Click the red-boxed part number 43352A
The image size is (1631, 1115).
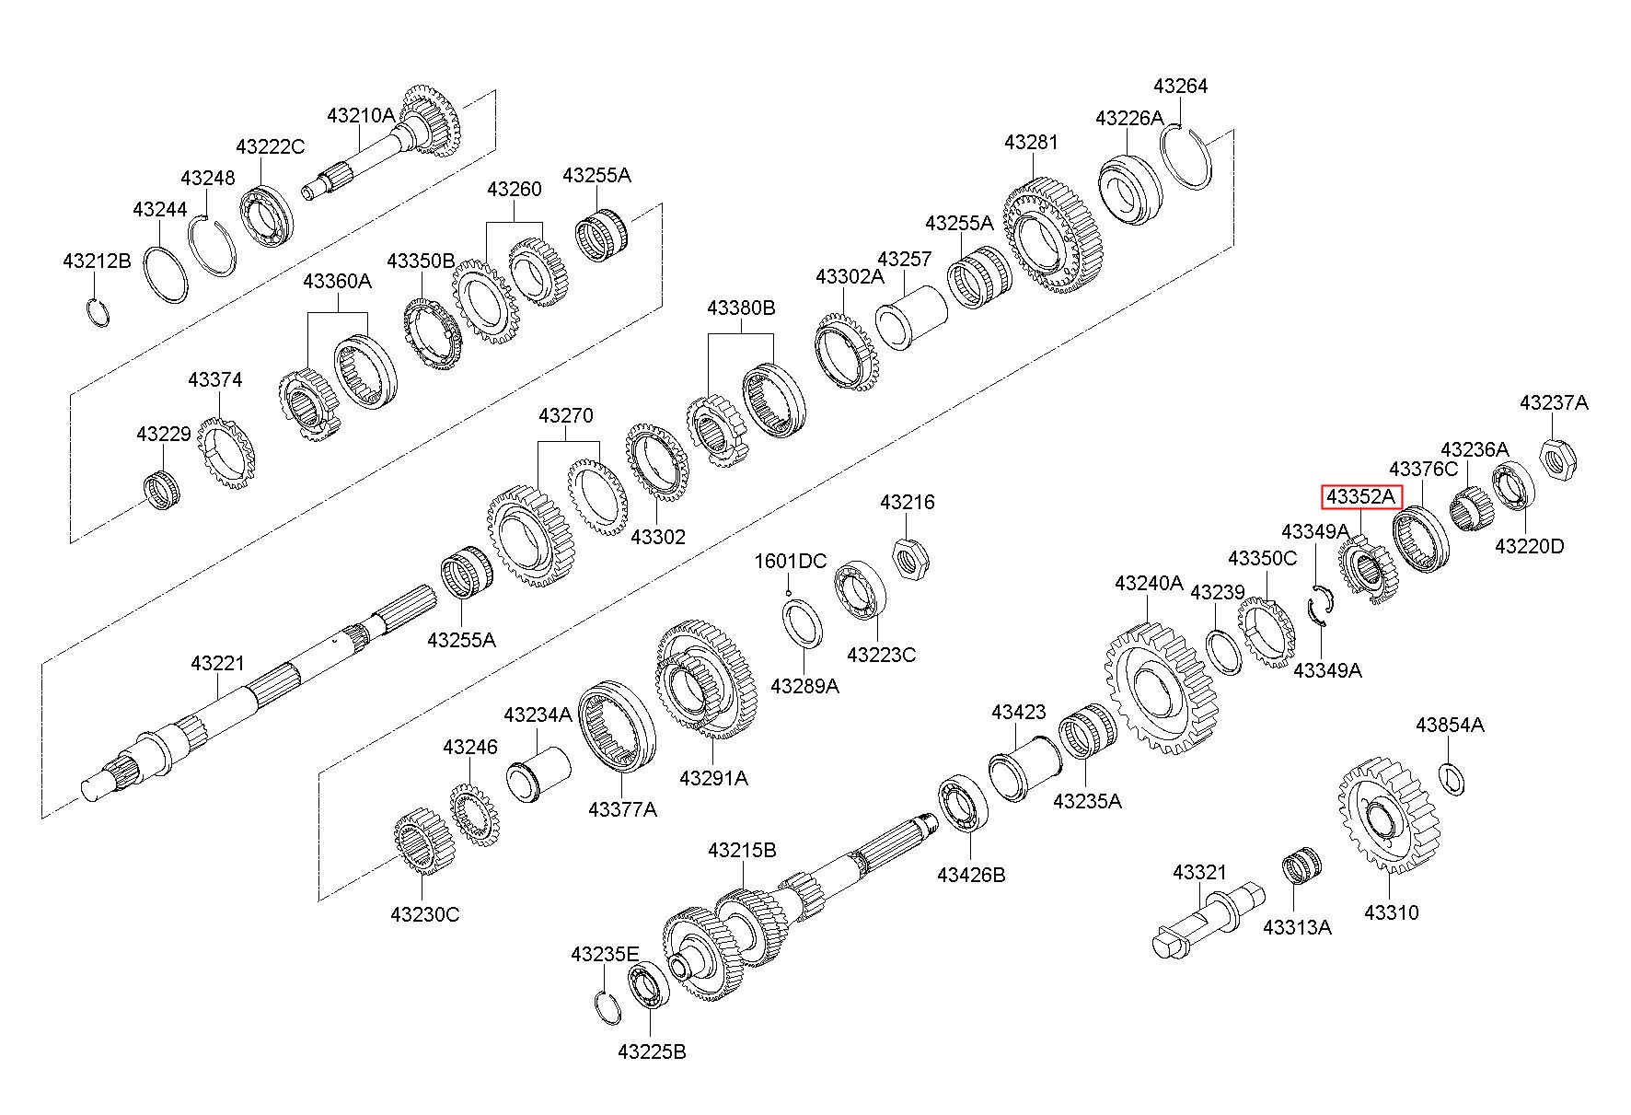coord(1361,497)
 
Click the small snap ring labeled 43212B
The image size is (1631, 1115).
coord(98,313)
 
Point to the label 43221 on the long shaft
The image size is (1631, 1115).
coord(218,663)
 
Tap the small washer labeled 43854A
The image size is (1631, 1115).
coord(1452,779)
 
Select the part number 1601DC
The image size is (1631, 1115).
coord(791,561)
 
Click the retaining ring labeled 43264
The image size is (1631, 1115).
coord(1186,157)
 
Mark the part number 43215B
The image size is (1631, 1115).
coord(742,850)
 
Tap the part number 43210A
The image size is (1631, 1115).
coord(361,115)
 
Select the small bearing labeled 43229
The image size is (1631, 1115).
coord(163,488)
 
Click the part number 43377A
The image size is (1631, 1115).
coord(622,809)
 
